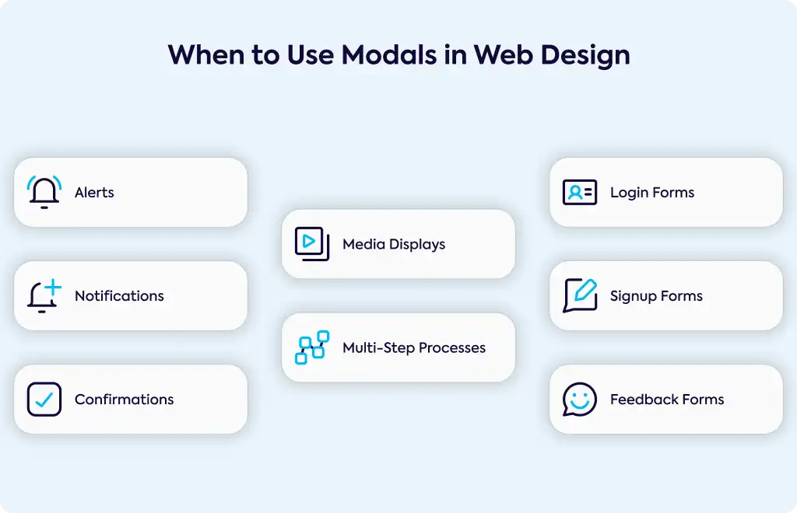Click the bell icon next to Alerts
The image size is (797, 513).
pos(44,192)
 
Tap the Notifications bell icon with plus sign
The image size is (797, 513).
pos(44,296)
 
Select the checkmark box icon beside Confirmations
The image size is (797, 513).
pos(44,400)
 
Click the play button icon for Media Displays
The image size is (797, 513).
pos(312,244)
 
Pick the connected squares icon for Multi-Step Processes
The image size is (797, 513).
pos(312,347)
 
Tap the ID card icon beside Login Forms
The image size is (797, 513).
pos(580,192)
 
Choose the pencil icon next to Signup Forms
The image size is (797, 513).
pos(580,296)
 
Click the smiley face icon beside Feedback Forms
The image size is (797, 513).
pos(580,400)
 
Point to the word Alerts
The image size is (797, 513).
pos(94,192)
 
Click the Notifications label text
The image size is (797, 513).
pos(119,296)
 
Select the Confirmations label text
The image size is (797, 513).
pos(124,400)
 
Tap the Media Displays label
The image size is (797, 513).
pos(394,244)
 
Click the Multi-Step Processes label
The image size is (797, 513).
pos(414,347)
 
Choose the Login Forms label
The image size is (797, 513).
pos(652,193)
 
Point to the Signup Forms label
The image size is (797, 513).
pos(656,296)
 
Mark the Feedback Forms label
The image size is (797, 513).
pos(667,400)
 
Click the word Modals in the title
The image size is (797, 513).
pos(389,54)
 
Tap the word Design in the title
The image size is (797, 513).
pos(585,55)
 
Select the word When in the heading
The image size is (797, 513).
pos(207,54)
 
